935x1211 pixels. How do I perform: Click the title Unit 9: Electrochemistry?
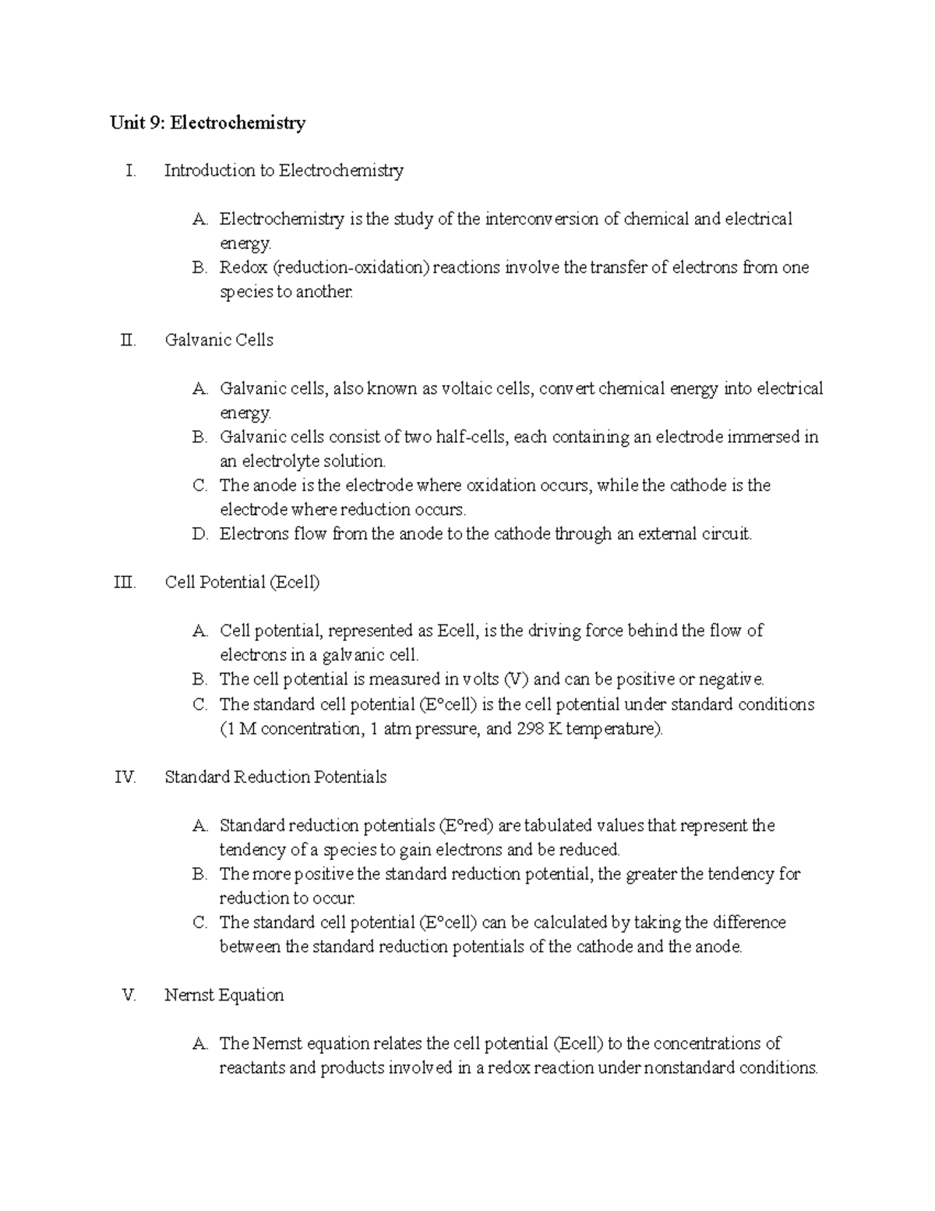point(207,122)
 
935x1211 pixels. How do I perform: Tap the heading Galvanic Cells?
point(219,340)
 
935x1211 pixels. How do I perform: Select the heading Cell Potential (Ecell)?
point(242,582)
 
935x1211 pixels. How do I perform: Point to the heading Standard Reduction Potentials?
point(276,777)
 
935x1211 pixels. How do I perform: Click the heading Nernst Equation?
point(224,995)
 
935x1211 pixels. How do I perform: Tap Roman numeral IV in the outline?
point(126,777)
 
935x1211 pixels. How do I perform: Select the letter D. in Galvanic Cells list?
point(199,534)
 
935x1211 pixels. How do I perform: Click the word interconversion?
point(542,219)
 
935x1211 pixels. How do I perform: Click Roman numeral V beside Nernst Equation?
point(129,995)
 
